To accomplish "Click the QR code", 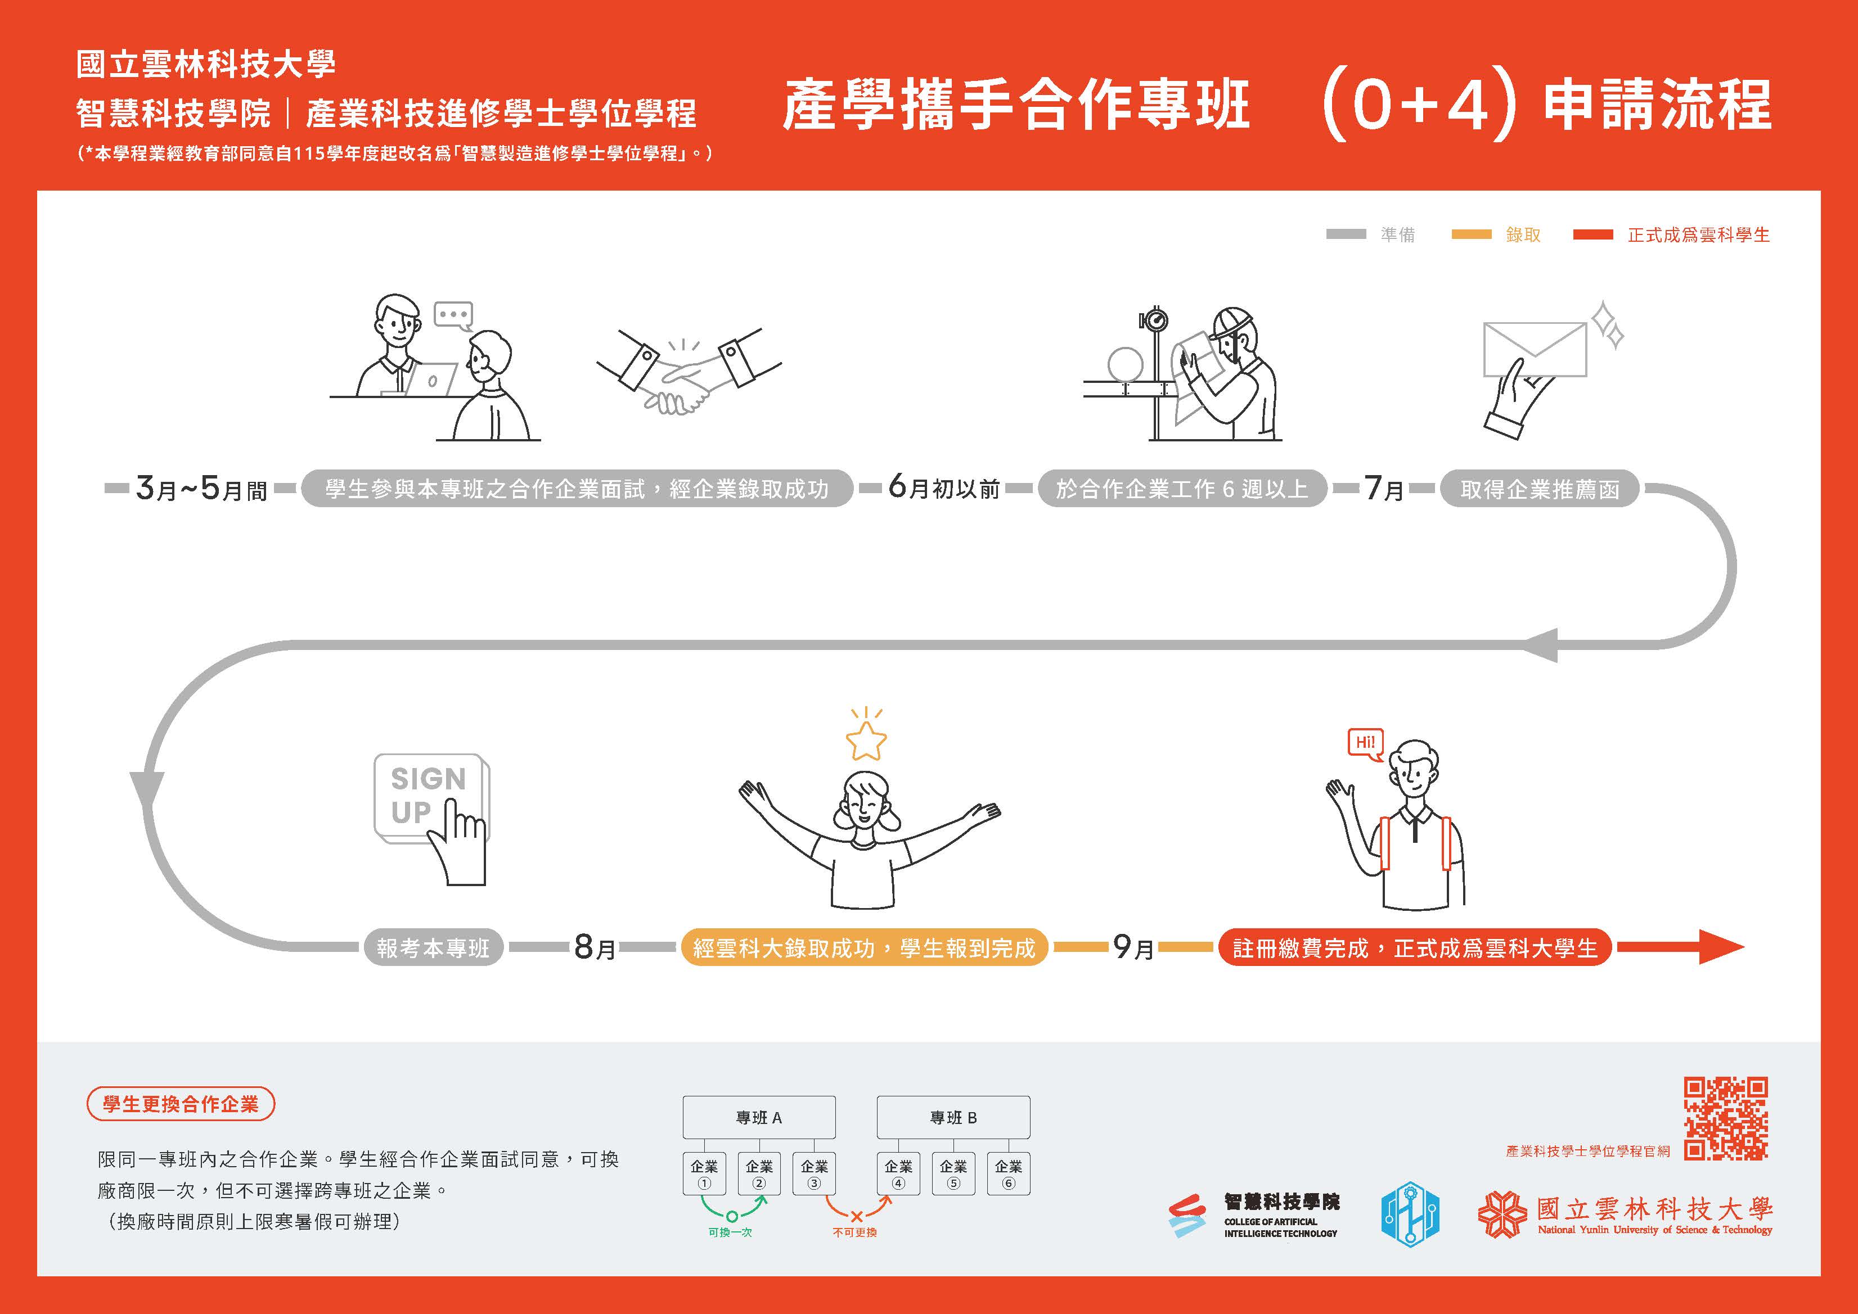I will [x=1725, y=1118].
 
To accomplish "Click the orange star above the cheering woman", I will [x=866, y=740].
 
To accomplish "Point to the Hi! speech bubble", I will [x=1365, y=743].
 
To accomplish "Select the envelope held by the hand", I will [x=1534, y=350].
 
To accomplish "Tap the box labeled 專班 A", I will [x=759, y=1117].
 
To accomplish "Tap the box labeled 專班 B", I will [x=953, y=1117].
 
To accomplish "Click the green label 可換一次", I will [x=730, y=1232].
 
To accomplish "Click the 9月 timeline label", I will [x=1132, y=947].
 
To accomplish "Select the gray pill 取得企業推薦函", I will [x=1539, y=489].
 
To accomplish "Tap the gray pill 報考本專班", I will [x=433, y=947].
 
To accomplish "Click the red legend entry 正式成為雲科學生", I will [x=1698, y=234].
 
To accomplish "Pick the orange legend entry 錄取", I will [x=1522, y=234].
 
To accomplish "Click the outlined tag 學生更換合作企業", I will [x=181, y=1104].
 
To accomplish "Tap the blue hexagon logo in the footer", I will [x=1410, y=1214].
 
